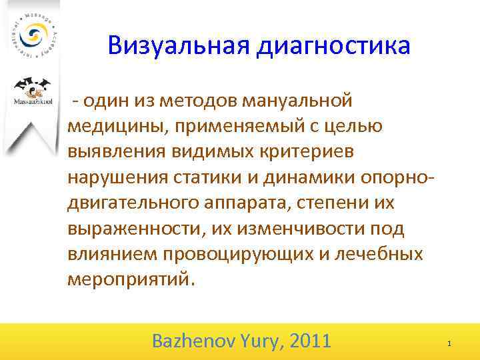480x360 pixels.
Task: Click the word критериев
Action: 309,152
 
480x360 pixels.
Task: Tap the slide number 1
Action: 449,343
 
